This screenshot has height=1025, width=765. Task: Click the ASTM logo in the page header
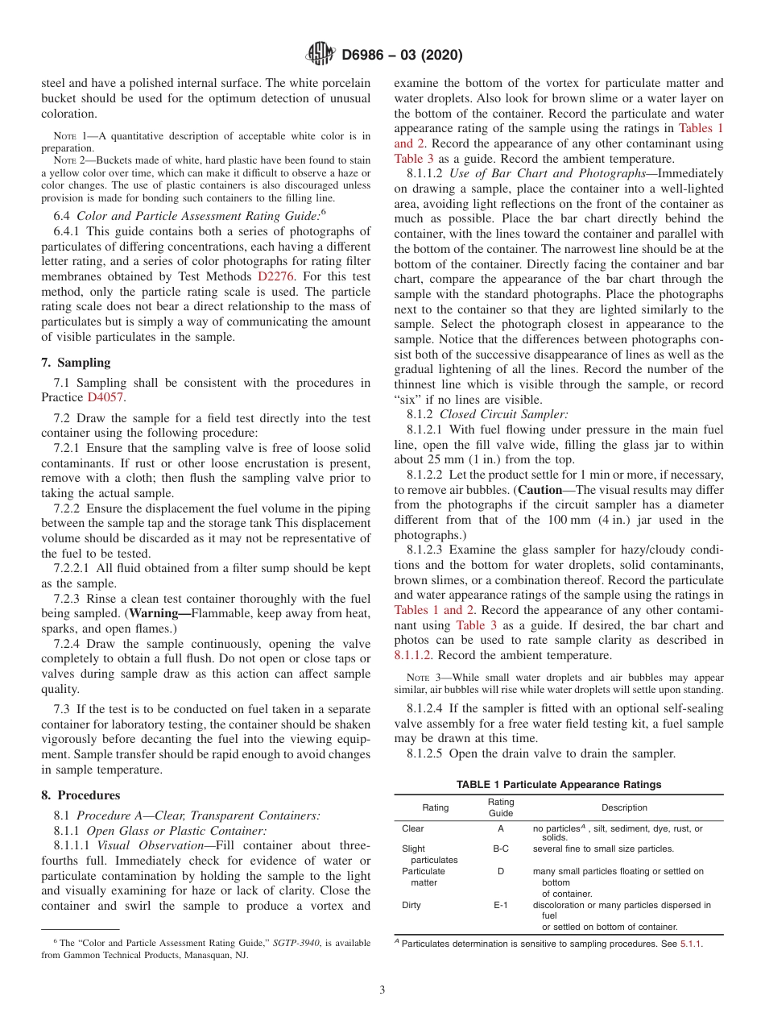pos(320,55)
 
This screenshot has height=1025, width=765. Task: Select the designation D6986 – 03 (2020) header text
pos(402,56)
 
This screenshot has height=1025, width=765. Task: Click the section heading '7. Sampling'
pos(76,363)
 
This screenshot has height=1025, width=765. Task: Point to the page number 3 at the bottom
pos(382,990)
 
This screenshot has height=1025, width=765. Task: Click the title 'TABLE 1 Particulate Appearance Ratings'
pos(558,784)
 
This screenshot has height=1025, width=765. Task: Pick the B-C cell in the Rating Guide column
pos(500,849)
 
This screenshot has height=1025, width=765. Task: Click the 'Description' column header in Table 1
pos(624,807)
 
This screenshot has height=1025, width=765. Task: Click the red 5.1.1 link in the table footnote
pos(691,944)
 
